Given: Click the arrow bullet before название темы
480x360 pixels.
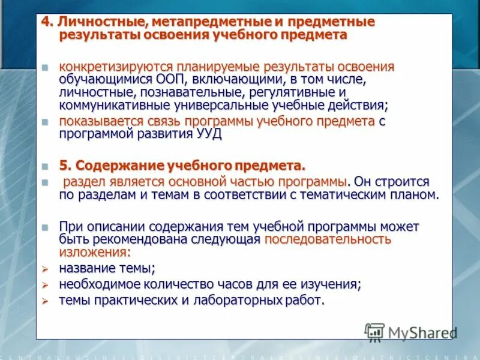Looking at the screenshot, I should click(x=44, y=268).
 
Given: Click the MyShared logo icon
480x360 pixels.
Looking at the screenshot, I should click(x=374, y=331).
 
